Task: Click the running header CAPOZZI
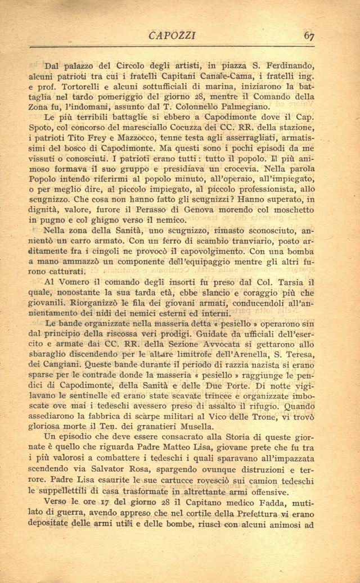tap(172, 35)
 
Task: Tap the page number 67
tap(309, 35)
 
